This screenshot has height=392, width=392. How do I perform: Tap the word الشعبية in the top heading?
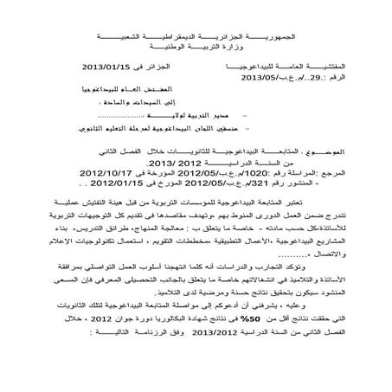[x=110, y=16]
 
